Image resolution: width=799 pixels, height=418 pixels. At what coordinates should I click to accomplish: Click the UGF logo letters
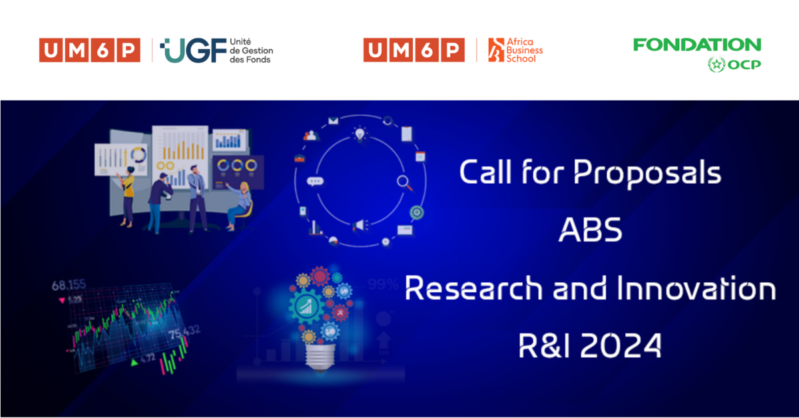point(193,51)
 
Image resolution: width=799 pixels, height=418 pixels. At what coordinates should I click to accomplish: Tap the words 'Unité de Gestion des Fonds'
point(251,51)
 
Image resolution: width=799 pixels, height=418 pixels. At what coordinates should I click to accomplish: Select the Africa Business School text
point(525,51)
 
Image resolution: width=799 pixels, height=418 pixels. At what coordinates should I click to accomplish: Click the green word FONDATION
point(697,45)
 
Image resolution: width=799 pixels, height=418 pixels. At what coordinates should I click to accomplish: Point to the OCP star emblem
point(716,65)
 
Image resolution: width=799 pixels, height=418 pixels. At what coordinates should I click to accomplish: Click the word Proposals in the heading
point(647,172)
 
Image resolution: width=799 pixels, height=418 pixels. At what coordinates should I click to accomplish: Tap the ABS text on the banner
point(591,230)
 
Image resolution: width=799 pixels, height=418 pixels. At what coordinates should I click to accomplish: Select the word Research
point(473,288)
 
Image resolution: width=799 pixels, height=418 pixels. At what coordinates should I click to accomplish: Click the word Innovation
point(696,288)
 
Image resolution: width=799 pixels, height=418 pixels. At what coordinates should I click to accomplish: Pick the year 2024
point(621,345)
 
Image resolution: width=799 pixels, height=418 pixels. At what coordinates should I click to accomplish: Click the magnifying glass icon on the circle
point(405,182)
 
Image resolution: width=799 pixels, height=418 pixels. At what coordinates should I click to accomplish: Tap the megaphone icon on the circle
point(360,226)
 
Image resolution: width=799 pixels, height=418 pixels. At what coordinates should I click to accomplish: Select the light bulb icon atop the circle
point(360,134)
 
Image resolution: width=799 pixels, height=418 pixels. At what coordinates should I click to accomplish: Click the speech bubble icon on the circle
point(315,182)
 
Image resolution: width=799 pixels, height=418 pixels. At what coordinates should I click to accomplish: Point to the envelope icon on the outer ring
point(333,121)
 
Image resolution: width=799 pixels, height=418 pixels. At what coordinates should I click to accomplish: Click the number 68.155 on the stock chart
point(69,285)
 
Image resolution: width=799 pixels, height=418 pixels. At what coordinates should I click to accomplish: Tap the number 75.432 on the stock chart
point(184,332)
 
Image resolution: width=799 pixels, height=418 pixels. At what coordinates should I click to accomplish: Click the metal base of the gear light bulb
point(320,358)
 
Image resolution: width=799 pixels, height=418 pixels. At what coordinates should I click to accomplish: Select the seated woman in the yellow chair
point(240,206)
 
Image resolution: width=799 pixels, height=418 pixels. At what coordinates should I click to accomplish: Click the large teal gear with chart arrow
point(306,307)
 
